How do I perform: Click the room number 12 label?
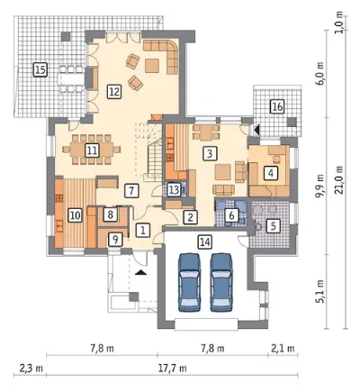[x=114, y=91]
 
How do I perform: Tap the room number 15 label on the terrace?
[x=40, y=70]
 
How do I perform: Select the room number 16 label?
[x=277, y=106]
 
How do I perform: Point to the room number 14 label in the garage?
[x=205, y=242]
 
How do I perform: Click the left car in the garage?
[x=190, y=282]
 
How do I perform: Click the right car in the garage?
[x=221, y=282]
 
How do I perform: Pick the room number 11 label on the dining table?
[x=92, y=150]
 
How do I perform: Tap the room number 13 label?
[x=174, y=190]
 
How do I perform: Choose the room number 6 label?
[x=231, y=215]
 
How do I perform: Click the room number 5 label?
[x=273, y=225]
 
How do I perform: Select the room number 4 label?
[x=271, y=173]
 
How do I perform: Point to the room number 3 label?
[x=210, y=153]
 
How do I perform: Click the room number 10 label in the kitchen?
[x=75, y=215]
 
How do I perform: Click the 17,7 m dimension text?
[x=173, y=368]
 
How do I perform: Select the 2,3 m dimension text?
[x=31, y=368]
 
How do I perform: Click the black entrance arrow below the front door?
[x=141, y=272]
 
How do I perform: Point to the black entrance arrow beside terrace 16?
[x=256, y=130]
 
